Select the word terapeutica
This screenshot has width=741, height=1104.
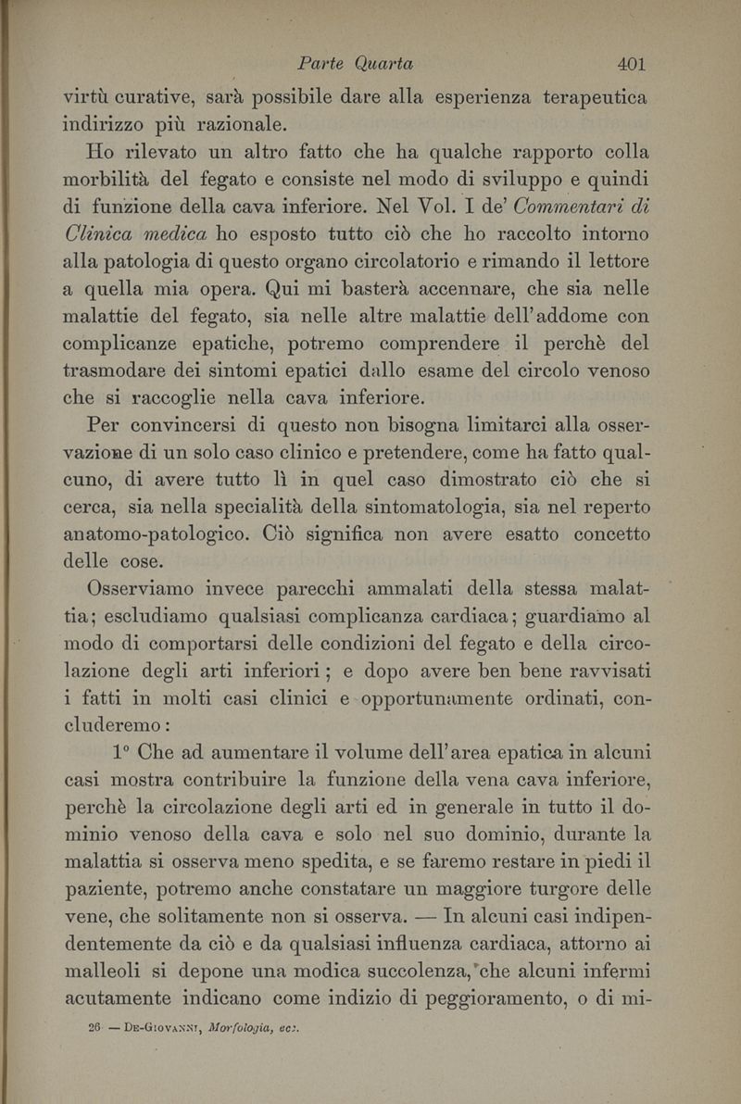click(594, 96)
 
